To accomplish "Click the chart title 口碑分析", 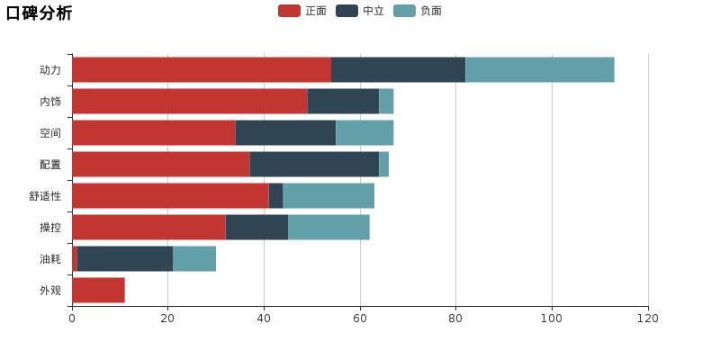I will click(39, 13).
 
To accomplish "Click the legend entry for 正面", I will click(302, 11).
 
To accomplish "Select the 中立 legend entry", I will click(360, 11).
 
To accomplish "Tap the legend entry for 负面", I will click(418, 11).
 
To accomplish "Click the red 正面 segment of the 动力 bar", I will click(202, 69).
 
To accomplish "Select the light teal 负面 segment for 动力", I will click(540, 69).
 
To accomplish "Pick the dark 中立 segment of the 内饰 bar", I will click(343, 101).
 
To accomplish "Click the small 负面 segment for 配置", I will click(383, 164).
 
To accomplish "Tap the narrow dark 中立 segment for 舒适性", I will click(275, 195).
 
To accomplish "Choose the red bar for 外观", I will click(98, 290).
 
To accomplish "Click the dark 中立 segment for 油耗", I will click(125, 258).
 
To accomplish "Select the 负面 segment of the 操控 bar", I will click(328, 227).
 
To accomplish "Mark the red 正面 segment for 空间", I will click(154, 132).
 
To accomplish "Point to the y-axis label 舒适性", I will click(45, 196).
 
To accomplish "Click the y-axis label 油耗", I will click(50, 259).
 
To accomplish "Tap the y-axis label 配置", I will click(50, 165).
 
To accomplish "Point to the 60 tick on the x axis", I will click(360, 318).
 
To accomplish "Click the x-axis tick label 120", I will click(648, 318).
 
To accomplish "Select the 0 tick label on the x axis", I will click(72, 318).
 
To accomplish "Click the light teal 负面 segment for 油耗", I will click(194, 258).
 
